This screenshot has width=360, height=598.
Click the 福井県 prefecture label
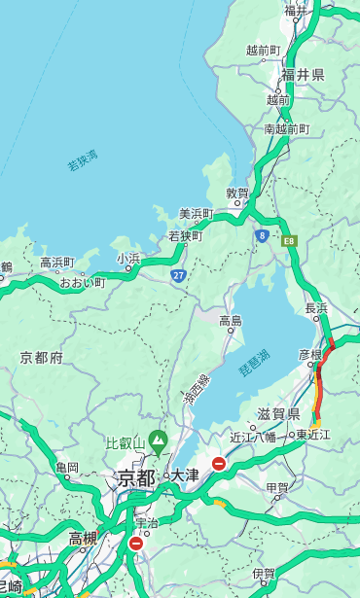point(304,75)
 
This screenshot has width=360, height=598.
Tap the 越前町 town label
point(264,50)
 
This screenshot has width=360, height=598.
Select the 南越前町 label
point(286,128)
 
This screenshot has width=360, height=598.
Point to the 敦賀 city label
point(237,193)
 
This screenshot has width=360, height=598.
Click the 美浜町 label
point(196,214)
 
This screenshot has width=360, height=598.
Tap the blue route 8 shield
point(262,235)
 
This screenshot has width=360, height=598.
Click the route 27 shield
point(178,275)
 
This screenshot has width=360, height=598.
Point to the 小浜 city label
point(128,259)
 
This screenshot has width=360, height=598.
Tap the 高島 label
point(231,320)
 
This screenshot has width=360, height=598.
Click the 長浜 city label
point(317,308)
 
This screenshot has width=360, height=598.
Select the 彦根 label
point(309,355)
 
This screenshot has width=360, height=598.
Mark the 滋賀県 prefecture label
point(279,414)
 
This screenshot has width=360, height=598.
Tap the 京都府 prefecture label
point(42,357)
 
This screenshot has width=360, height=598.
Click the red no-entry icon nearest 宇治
point(135,544)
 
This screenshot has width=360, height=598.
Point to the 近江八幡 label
point(253,436)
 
